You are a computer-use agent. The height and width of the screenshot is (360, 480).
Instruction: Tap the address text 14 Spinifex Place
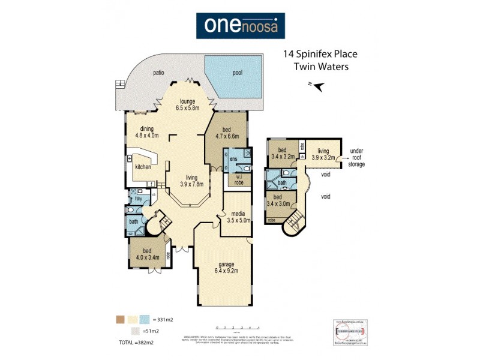click(x=317, y=55)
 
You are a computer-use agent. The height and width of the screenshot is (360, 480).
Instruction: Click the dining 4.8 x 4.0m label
click(x=147, y=132)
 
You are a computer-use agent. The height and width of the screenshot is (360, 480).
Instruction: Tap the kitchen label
click(x=143, y=167)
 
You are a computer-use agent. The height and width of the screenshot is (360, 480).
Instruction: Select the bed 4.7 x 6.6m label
click(x=227, y=133)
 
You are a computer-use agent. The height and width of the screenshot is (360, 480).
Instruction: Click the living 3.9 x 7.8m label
click(x=191, y=180)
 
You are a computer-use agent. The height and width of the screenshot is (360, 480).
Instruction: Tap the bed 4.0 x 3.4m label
click(x=146, y=255)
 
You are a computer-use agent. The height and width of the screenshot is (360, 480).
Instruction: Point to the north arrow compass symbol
click(x=319, y=86)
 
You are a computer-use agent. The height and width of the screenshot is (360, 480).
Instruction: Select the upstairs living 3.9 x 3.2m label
click(x=323, y=154)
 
